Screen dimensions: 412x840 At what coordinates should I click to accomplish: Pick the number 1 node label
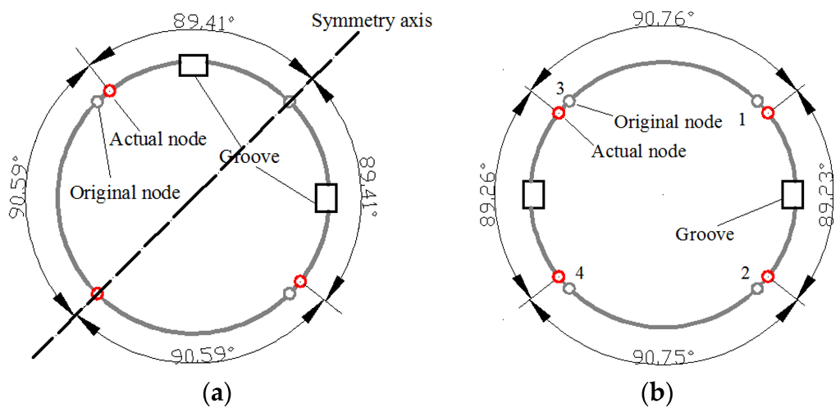742,120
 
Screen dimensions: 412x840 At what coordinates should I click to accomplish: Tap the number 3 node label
559,88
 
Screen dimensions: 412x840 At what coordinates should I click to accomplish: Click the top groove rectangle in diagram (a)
194,66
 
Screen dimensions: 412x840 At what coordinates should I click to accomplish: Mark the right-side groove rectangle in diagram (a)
326,197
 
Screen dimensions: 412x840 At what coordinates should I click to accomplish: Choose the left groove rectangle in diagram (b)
534,194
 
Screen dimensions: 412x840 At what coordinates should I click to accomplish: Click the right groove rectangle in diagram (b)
792,194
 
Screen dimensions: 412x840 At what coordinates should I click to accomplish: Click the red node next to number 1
768,113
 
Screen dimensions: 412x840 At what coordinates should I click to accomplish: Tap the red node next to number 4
559,276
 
